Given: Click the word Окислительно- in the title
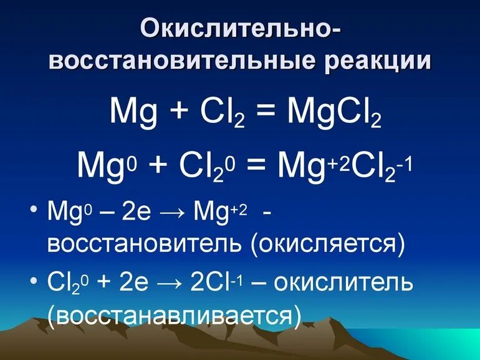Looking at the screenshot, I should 240,28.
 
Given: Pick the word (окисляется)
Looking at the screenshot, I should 328,243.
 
